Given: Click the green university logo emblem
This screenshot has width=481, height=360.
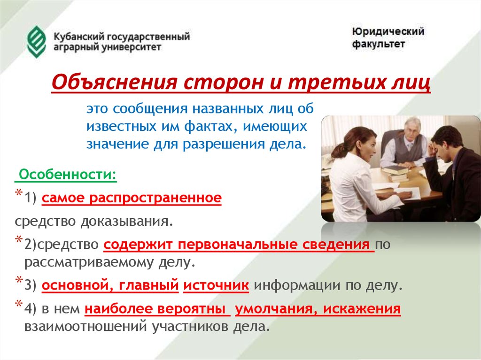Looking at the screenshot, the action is coord(37,42).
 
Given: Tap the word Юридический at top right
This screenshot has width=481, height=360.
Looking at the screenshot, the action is coord(388,32).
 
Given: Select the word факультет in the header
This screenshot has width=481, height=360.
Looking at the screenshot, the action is coord(378,44).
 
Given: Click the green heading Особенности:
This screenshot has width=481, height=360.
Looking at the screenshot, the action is coord(68,175).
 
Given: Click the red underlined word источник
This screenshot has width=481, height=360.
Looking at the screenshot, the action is coord(216,285).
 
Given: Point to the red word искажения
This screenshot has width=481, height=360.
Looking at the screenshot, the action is coord(362,309).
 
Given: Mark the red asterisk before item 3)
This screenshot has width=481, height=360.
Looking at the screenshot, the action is coord(19,281).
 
